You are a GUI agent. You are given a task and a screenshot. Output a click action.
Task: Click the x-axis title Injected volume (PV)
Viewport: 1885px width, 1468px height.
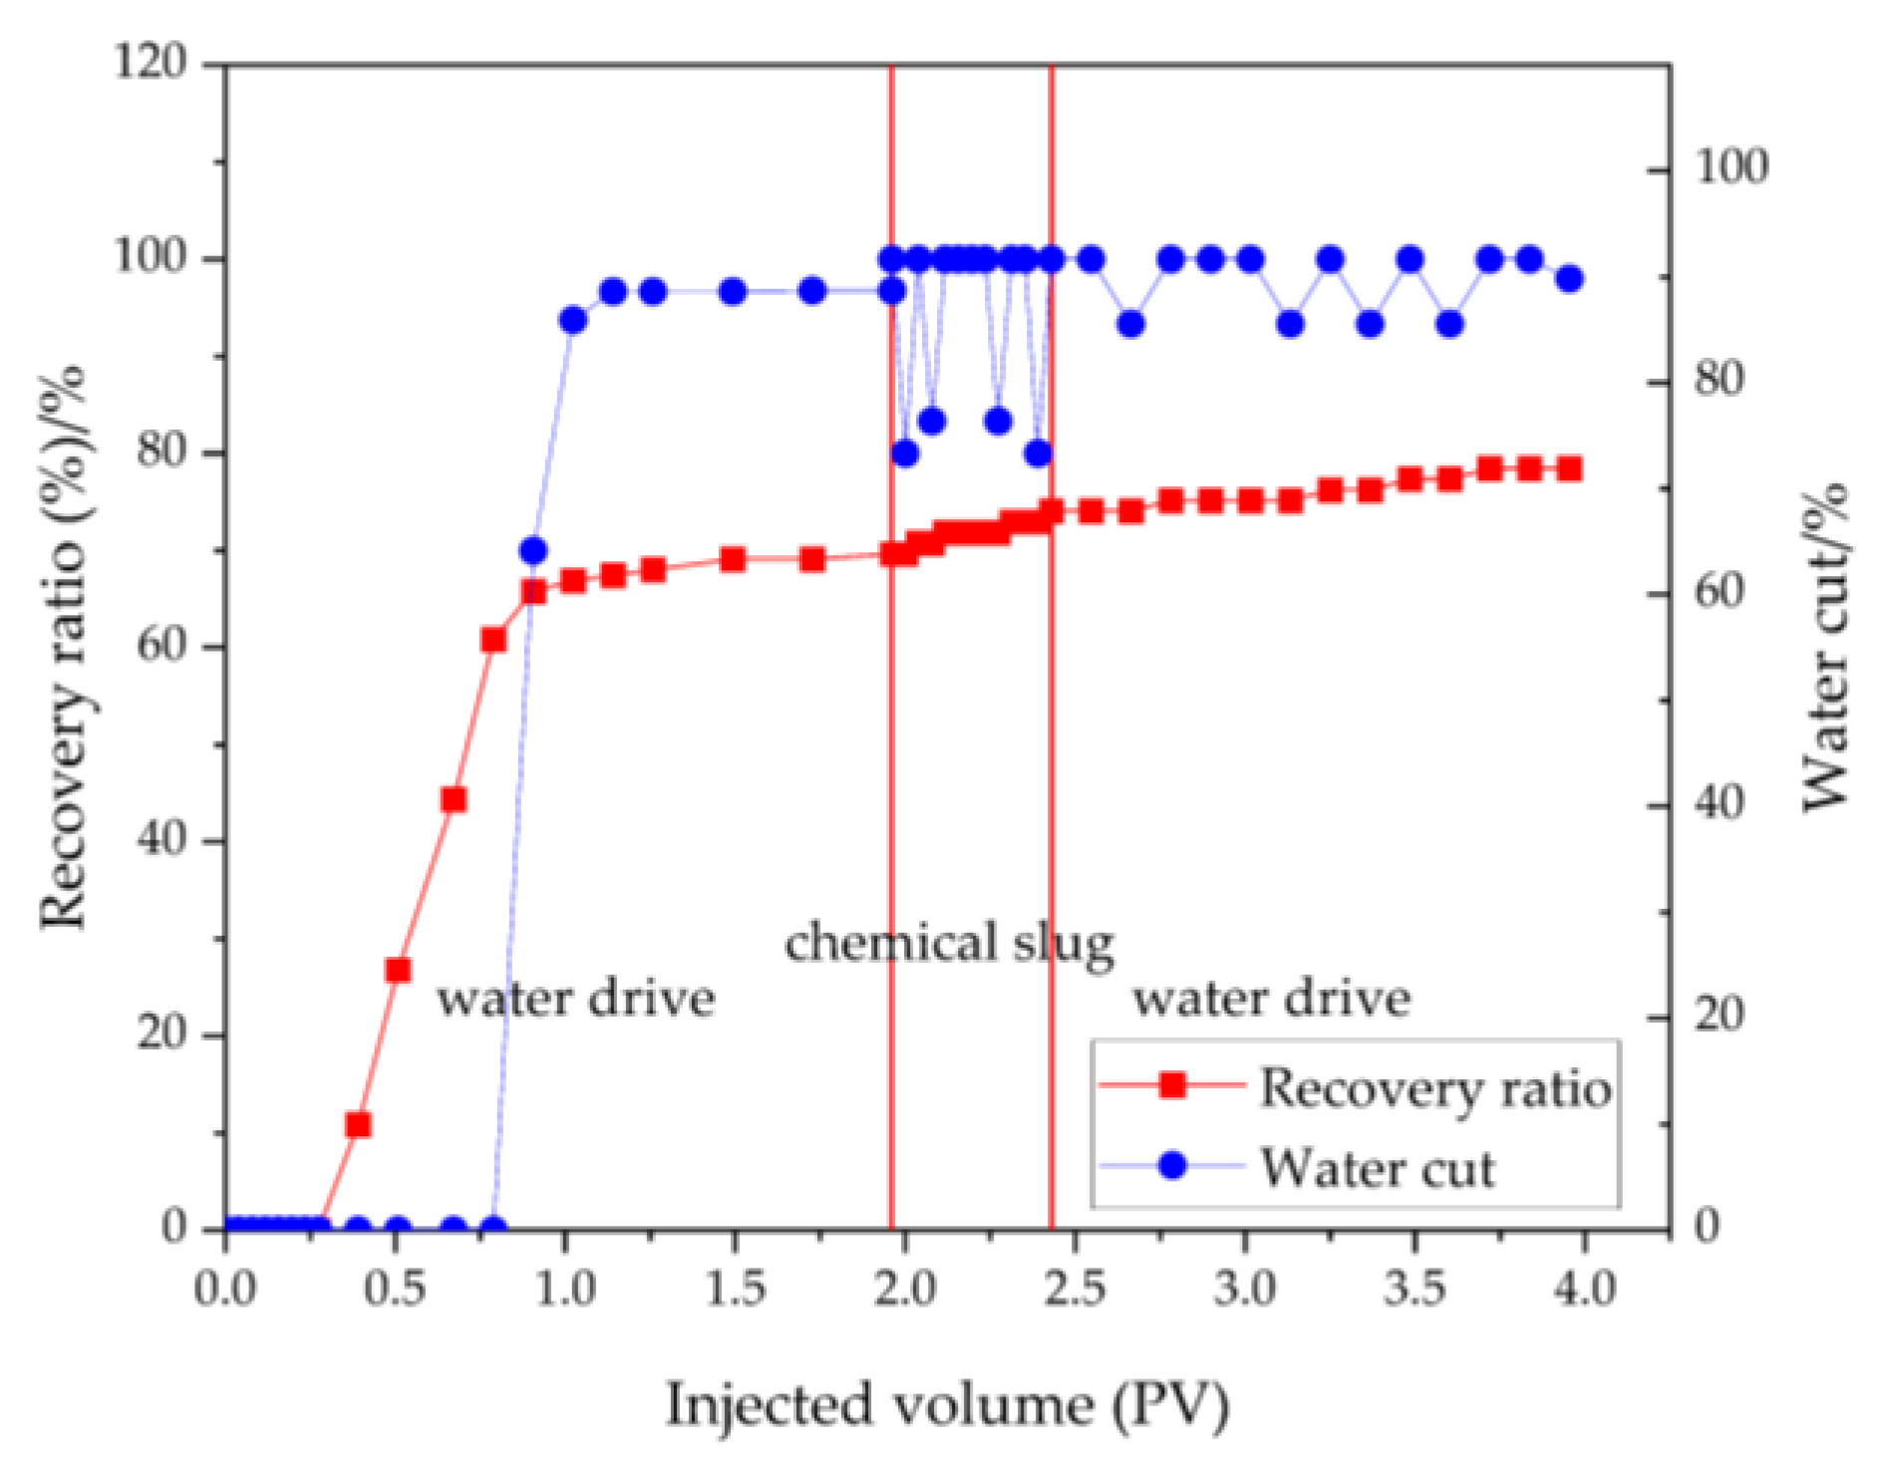947,1406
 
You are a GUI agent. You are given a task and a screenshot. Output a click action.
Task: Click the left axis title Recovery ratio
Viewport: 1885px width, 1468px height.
64,648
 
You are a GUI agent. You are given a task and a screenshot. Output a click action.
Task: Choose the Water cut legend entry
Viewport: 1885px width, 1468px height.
1377,1167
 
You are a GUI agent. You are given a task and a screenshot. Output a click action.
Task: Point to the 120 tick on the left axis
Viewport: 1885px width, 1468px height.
150,63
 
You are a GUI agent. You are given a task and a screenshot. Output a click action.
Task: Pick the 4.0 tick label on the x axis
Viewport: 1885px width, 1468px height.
1584,1290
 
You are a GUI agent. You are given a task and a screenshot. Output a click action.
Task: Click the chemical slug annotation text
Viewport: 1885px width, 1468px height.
949,943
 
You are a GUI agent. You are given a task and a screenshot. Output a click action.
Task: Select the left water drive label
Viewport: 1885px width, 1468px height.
576,999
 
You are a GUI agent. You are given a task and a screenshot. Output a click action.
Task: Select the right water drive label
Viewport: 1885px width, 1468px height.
1271,999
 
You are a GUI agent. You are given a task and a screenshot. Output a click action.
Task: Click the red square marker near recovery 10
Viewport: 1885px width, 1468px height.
358,1125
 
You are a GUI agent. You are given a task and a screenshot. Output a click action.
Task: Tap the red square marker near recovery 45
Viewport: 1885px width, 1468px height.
454,800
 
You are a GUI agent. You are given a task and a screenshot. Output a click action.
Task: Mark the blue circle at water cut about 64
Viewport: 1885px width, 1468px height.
533,551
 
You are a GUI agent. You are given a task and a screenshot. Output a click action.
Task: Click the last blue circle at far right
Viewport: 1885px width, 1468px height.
1570,279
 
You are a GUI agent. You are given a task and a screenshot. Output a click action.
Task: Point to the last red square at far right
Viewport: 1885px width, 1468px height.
1570,468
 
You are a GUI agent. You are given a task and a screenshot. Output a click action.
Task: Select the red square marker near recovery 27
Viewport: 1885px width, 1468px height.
398,971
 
